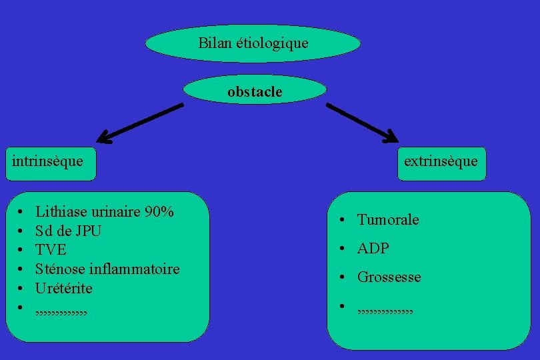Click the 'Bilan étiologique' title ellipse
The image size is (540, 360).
click(253, 44)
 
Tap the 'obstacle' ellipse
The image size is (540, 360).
click(255, 92)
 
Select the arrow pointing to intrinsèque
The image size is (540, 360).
click(140, 123)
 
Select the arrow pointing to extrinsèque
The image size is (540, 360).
click(363, 123)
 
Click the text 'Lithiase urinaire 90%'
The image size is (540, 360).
click(105, 212)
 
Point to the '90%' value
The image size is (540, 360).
click(160, 212)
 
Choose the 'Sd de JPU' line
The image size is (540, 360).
click(68, 231)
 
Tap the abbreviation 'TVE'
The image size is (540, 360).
click(51, 251)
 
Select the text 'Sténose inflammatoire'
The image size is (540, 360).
click(107, 269)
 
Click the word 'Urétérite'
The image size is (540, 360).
click(64, 289)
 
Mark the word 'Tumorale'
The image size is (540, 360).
click(388, 220)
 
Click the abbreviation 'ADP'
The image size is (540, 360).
click(373, 249)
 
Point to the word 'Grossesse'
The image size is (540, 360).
click(389, 277)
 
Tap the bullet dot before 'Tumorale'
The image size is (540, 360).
click(340, 220)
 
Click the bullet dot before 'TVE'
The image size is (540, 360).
click(21, 251)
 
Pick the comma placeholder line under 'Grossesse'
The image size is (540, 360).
click(385, 310)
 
